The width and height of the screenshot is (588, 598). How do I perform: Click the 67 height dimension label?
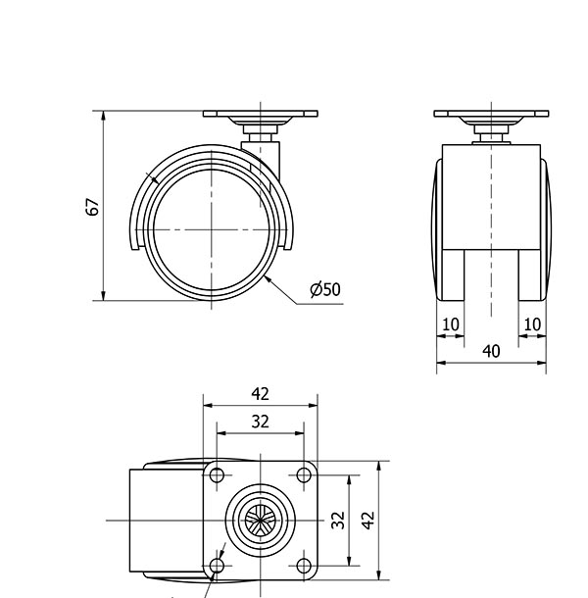[93, 207]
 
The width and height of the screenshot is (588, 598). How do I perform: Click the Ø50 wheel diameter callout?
[325, 289]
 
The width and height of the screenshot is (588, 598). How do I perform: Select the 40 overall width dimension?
[491, 351]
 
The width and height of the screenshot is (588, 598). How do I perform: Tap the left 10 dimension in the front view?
[451, 324]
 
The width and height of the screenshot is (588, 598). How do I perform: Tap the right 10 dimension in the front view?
[532, 324]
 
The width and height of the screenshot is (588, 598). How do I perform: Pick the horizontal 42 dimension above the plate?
[260, 394]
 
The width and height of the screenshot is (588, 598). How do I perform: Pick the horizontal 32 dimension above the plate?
[260, 422]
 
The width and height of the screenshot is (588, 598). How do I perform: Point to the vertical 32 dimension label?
[338, 521]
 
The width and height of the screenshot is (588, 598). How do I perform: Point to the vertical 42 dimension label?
[367, 521]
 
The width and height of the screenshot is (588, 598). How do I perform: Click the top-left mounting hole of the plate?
[217, 475]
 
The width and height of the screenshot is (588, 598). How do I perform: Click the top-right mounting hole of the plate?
[304, 475]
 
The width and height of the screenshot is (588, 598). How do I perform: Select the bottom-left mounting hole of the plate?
[217, 566]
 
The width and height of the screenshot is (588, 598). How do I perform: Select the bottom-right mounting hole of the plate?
[304, 566]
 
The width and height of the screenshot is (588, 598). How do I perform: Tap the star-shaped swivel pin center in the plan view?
[260, 521]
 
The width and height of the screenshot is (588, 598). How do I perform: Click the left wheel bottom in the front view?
[453, 274]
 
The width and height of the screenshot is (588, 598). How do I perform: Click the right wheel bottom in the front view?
[529, 274]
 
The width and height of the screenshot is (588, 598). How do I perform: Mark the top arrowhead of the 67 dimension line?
[103, 116]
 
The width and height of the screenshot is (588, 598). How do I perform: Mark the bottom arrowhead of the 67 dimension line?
[103, 295]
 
